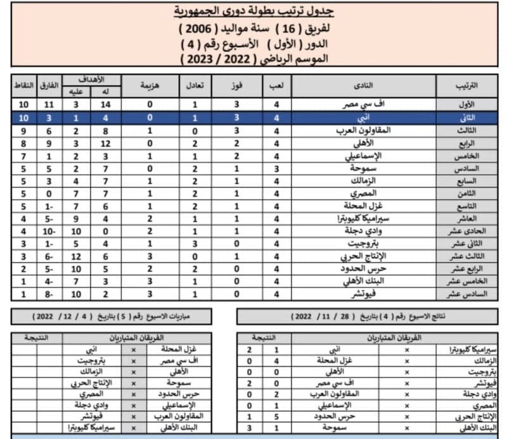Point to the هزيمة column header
(150, 84)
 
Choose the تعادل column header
(195, 84)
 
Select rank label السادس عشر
(466, 294)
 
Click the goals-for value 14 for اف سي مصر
(105, 104)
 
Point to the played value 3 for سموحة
(276, 167)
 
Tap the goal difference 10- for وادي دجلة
(48, 231)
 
